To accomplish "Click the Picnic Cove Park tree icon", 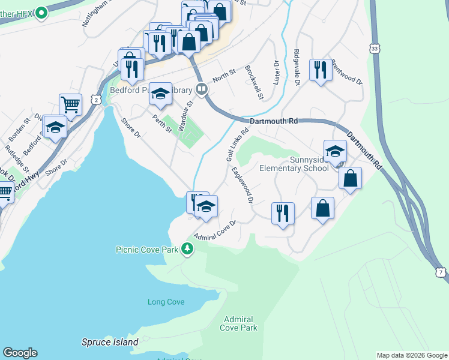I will (188, 248).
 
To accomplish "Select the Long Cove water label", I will (166, 302).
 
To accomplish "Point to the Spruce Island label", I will (110, 343).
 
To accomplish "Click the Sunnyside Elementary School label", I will (294, 164).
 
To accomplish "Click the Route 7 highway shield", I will (442, 273).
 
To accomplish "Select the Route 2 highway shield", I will (95, 100).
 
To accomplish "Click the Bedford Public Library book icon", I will (202, 89).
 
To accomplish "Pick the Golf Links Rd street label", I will (237, 145).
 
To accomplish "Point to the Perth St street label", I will (162, 124).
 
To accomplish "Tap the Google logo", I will (20, 353).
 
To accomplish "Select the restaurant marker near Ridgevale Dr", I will (320, 70).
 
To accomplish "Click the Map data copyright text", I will (412, 355).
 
